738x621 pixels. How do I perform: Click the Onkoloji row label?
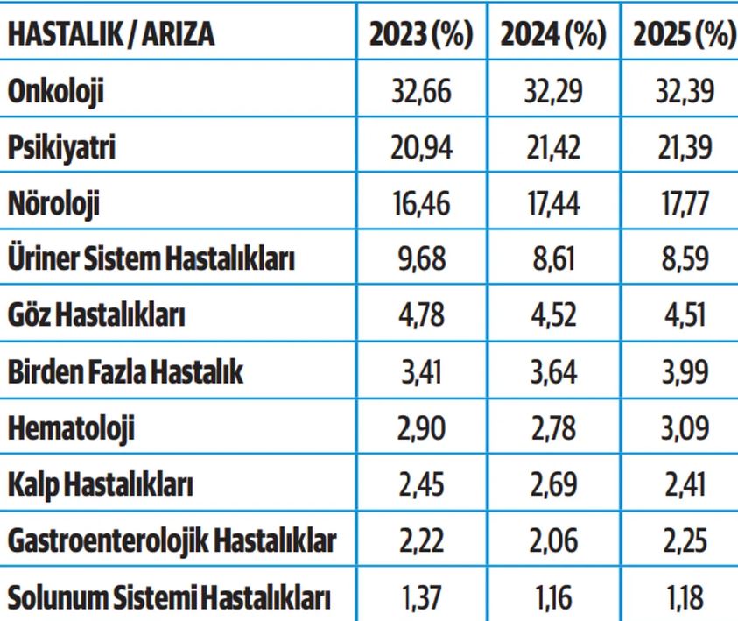[x=55, y=90]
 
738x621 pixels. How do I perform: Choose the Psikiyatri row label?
[x=61, y=147]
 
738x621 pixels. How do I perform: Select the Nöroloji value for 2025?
[x=684, y=204]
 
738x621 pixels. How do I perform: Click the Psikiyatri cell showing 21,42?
[x=553, y=147]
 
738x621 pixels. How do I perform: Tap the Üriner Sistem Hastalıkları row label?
[x=151, y=260]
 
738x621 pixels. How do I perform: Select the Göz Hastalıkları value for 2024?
[x=553, y=316]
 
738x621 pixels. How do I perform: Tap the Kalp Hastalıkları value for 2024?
[x=553, y=485]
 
